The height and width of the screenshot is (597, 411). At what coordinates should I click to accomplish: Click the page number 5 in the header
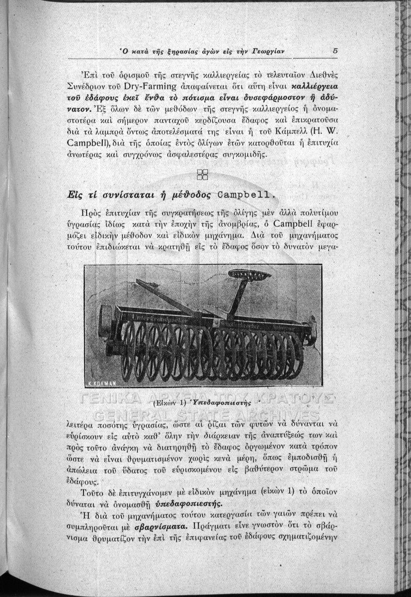pos(336,50)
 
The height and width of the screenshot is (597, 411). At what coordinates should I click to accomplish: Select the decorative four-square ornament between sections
pos(202,173)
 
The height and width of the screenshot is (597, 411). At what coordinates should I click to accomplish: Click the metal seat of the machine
pos(242,275)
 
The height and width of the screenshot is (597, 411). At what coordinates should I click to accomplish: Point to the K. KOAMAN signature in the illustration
pos(101,383)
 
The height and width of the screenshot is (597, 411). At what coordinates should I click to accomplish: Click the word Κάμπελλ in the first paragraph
pos(297,133)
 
